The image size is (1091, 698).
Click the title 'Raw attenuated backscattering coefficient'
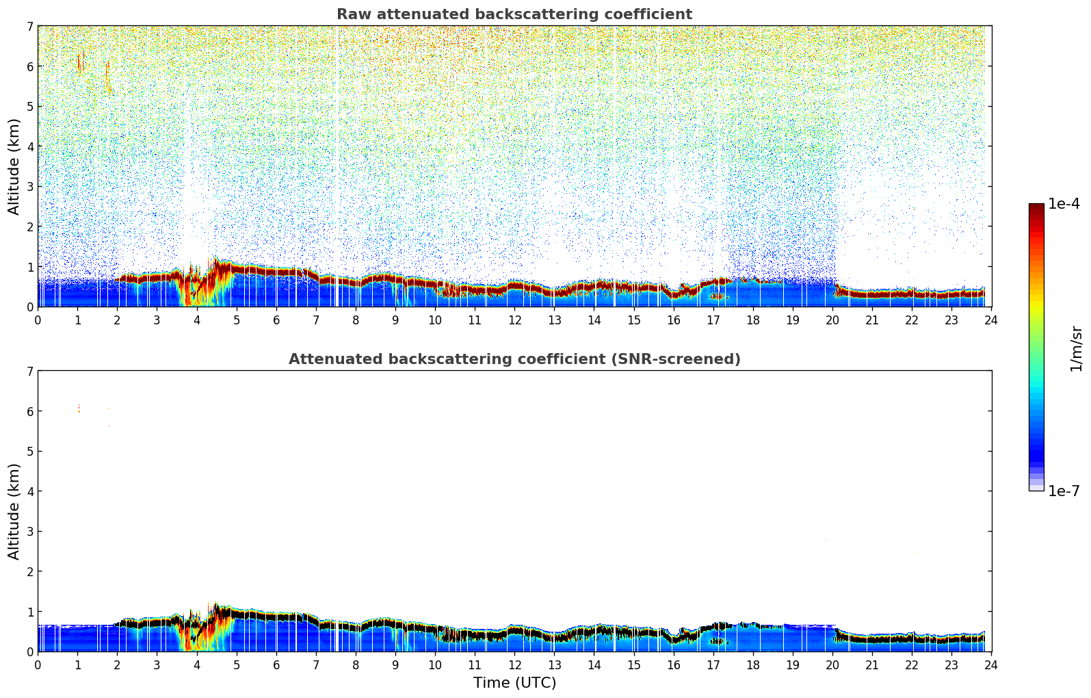point(514,14)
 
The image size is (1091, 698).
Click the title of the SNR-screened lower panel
point(514,359)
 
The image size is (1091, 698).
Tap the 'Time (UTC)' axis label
point(514,683)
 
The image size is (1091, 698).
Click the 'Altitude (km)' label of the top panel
point(14,166)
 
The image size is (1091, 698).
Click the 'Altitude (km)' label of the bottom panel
point(14,511)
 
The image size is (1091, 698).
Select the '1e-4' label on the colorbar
point(1064,204)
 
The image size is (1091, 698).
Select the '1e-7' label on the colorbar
point(1064,491)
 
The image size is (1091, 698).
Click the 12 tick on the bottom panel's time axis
point(514,664)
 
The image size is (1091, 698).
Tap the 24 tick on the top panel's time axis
point(991,320)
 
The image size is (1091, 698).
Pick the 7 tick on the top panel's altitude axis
point(29,26)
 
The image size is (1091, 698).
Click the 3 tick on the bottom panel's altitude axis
point(29,531)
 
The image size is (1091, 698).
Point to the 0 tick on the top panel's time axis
point(38,320)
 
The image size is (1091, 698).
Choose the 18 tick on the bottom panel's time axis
point(752,664)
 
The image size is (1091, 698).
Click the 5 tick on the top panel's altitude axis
point(29,106)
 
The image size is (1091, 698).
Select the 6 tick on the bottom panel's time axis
point(276,664)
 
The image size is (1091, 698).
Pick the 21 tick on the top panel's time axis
point(872,320)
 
